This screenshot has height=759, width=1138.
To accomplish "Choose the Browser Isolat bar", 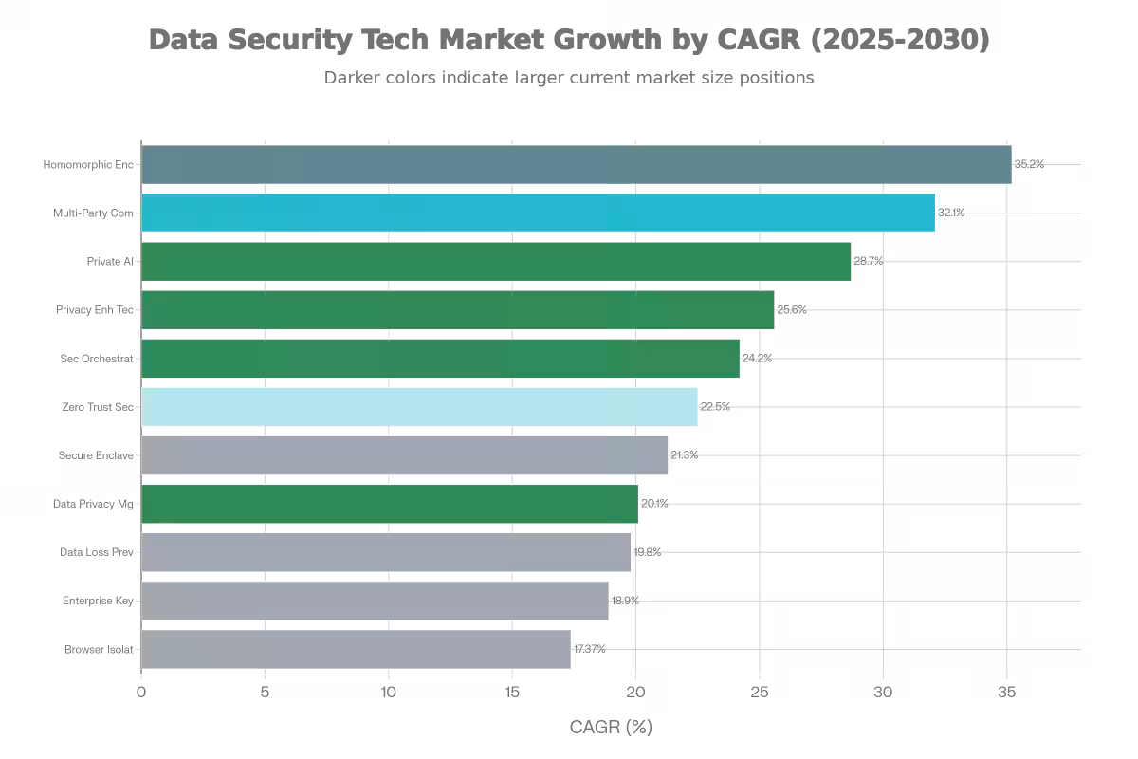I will coord(356,649).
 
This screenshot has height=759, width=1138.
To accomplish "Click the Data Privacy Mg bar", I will coord(390,504).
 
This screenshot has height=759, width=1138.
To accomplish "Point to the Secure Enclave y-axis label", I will coord(96,455).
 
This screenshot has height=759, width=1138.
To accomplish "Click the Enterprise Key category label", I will coord(98,601).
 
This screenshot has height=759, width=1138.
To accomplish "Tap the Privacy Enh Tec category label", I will coord(95,310).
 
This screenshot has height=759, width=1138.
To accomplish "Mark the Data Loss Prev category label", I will coord(97,552).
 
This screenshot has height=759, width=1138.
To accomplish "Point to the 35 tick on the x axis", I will coord(1007,693).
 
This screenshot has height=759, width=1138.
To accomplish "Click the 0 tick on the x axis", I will coord(141,693).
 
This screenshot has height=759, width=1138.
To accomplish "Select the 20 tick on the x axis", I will coord(635,693).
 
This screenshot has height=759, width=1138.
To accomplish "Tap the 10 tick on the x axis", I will coord(389,693).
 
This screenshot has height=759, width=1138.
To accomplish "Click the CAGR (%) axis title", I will coord(611,728).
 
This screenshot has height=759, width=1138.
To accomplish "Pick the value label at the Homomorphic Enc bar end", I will coord(1029,164).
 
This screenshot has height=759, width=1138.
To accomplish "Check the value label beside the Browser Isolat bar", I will coord(589,649).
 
